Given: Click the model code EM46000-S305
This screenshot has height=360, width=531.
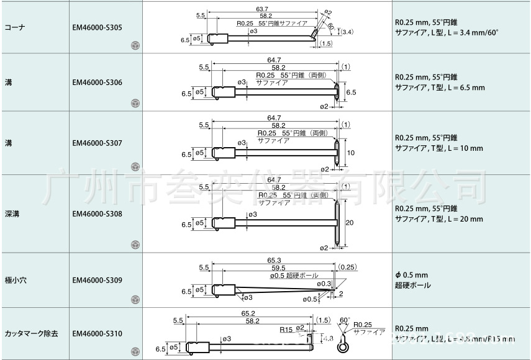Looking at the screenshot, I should (x=97, y=27).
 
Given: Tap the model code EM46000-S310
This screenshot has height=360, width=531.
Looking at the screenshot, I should (x=97, y=333).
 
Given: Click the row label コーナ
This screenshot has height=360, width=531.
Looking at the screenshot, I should (x=14, y=27).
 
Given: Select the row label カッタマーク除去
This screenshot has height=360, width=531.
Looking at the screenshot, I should (x=32, y=333).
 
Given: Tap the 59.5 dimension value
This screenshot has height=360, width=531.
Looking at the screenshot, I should (x=274, y=268).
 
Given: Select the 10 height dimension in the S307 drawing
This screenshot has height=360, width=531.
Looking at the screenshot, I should (x=350, y=153).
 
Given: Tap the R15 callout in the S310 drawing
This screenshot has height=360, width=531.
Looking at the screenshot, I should (x=286, y=329).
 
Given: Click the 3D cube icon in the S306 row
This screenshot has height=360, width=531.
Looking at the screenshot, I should (x=135, y=103).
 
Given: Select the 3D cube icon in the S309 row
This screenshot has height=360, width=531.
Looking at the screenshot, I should (x=135, y=300).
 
